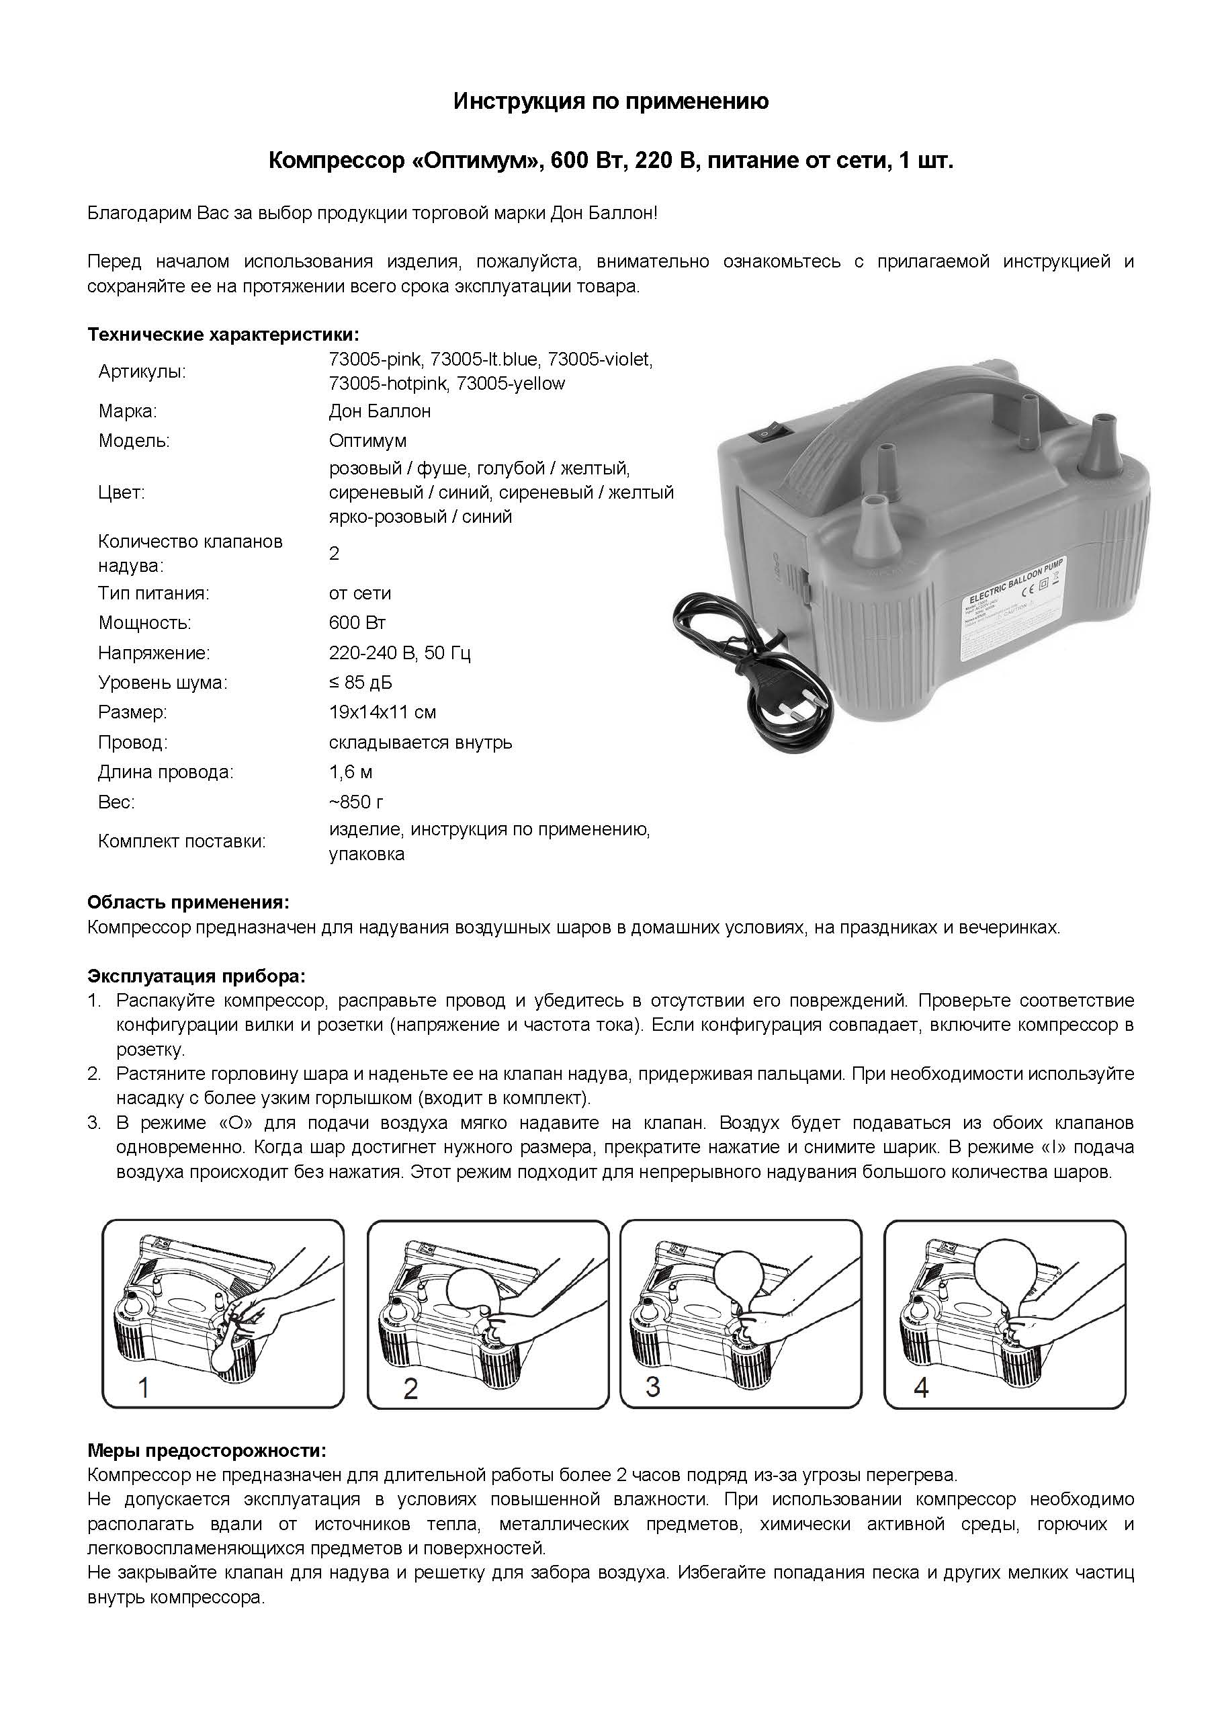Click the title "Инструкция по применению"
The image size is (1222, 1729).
[x=611, y=101]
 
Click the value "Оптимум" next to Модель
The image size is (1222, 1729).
[x=367, y=441]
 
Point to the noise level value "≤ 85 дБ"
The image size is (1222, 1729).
[x=360, y=683]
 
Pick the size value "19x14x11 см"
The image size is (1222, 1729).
[x=382, y=712]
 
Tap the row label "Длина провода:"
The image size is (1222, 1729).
[x=166, y=772]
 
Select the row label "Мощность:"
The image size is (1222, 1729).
[x=144, y=623]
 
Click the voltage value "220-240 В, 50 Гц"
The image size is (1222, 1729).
[x=400, y=653]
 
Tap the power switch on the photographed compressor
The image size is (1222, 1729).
[x=763, y=435]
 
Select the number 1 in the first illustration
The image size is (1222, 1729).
[x=144, y=1387]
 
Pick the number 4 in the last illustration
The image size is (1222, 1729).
[x=920, y=1386]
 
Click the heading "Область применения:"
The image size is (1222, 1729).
[x=188, y=902]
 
